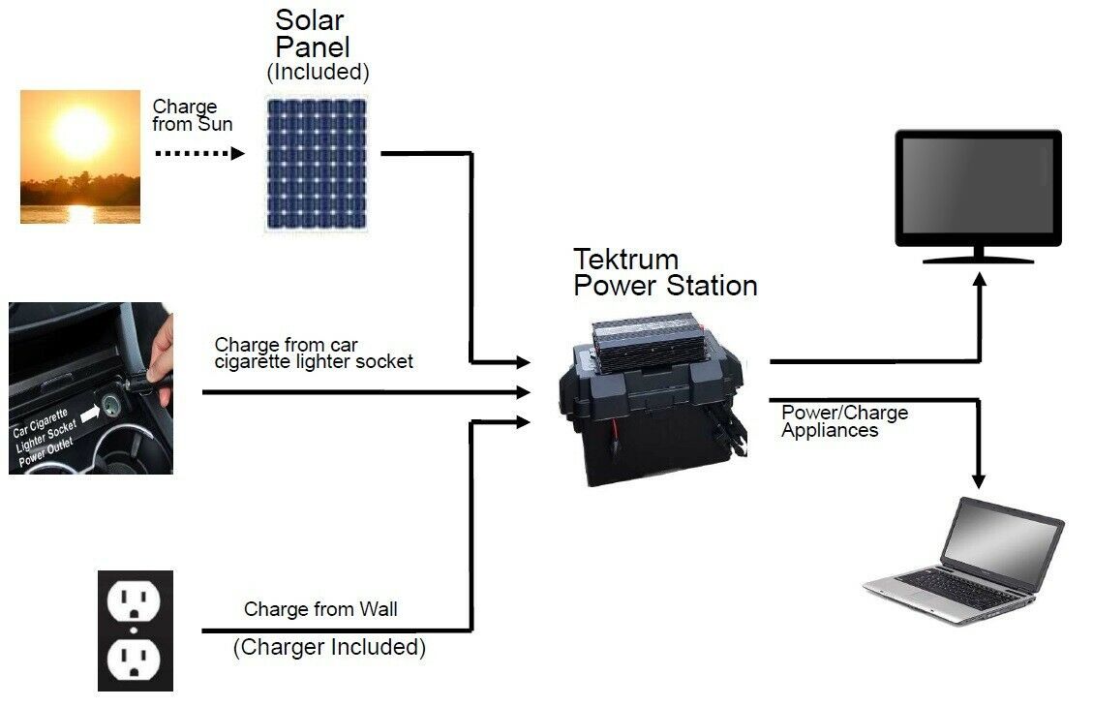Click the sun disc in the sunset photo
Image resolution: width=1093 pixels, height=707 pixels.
pyautogui.click(x=81, y=132)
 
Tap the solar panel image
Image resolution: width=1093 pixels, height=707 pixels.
pyautogui.click(x=318, y=164)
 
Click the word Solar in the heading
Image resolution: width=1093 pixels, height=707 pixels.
pyautogui.click(x=310, y=20)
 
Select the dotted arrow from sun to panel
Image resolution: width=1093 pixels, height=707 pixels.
pyautogui.click(x=200, y=153)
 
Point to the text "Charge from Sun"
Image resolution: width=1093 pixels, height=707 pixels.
pyautogui.click(x=193, y=116)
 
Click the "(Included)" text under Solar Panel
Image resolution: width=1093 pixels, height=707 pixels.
pyautogui.click(x=318, y=72)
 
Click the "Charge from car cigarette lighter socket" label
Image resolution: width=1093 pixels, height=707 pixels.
pyautogui.click(x=314, y=353)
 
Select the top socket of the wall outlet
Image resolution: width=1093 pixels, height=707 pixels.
pyautogui.click(x=134, y=601)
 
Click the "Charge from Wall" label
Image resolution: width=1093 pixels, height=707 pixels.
pyautogui.click(x=320, y=609)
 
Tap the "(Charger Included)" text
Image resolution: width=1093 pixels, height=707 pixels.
pyautogui.click(x=330, y=647)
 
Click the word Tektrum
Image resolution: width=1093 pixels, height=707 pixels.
pyautogui.click(x=626, y=260)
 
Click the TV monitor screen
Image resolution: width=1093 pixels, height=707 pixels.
pyautogui.click(x=978, y=186)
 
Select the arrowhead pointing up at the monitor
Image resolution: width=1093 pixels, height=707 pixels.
pyautogui.click(x=980, y=280)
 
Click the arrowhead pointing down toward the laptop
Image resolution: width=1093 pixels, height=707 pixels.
pyautogui.click(x=979, y=480)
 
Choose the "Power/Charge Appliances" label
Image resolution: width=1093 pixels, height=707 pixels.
pyautogui.click(x=845, y=421)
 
